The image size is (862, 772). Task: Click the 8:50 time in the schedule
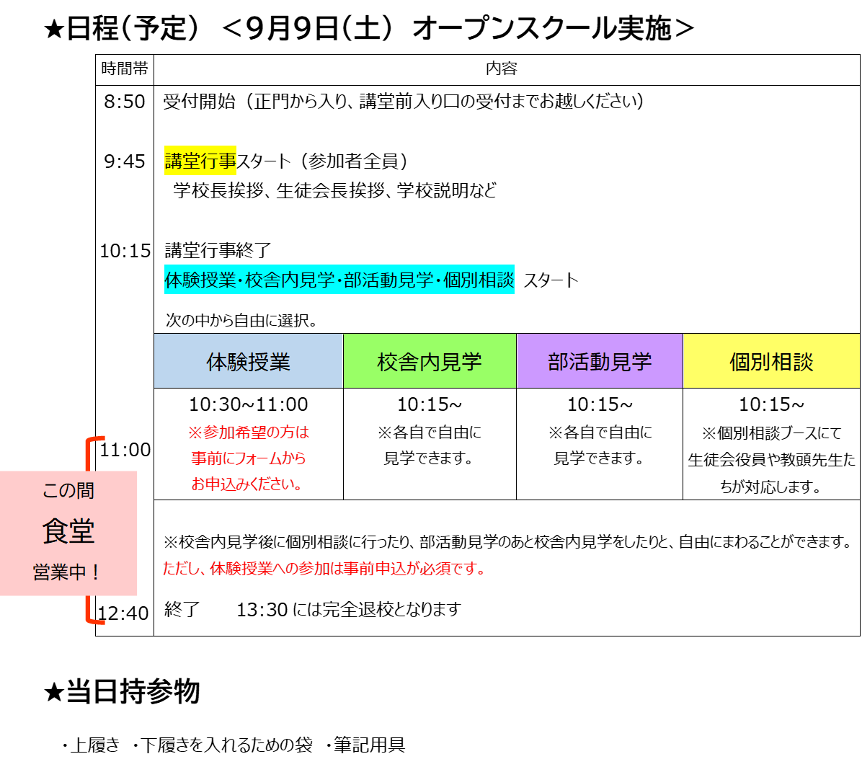click(124, 102)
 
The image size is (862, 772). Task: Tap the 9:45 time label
click(124, 161)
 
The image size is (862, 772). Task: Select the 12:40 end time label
click(123, 613)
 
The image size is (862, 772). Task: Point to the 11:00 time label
click(125, 450)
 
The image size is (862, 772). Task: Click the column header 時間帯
click(125, 68)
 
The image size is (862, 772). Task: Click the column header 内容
click(502, 68)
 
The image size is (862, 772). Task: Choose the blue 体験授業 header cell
click(249, 361)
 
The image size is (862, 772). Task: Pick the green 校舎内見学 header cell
click(430, 361)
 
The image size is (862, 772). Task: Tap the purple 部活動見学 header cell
click(600, 361)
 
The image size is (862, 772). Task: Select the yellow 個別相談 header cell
click(771, 361)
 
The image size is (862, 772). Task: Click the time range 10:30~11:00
click(249, 404)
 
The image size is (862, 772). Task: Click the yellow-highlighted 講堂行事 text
click(200, 161)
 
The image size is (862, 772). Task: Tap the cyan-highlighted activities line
click(339, 280)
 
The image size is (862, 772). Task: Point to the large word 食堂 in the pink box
click(68, 531)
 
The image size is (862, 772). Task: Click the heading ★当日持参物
click(122, 691)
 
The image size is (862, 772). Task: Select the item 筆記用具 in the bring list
click(370, 745)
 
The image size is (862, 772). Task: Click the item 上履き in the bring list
click(94, 745)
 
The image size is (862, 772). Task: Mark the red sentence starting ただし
click(324, 569)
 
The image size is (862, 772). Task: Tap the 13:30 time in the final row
click(262, 610)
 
